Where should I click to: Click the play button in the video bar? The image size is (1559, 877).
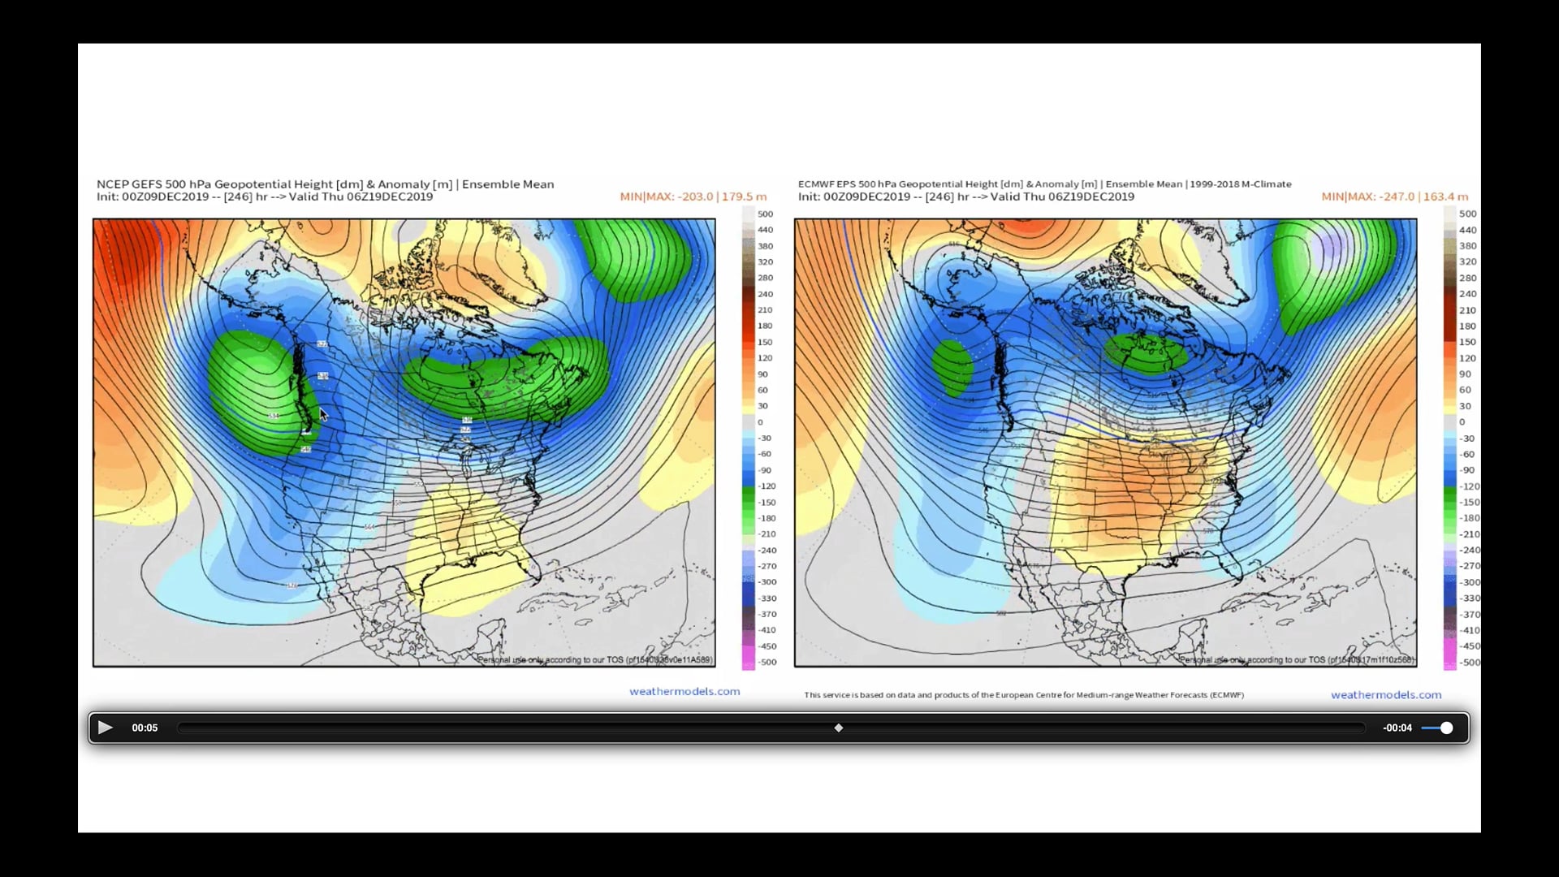tap(105, 728)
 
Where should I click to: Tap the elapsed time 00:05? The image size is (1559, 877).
tap(145, 728)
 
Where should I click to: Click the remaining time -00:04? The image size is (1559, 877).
tap(1397, 728)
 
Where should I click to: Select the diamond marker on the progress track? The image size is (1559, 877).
tap(839, 728)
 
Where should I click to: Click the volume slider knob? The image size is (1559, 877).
tap(1446, 728)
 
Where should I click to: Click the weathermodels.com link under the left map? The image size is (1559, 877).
tap(684, 691)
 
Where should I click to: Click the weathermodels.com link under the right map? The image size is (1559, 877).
tap(1385, 694)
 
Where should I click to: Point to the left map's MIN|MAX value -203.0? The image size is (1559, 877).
tap(695, 197)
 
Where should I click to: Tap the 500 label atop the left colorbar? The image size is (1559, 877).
tap(765, 214)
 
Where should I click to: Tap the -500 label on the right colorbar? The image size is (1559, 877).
tap(1470, 663)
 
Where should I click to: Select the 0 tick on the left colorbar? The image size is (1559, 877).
tap(760, 422)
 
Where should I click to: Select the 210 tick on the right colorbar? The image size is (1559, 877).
tap(1467, 310)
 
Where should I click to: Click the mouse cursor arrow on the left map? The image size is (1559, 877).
tap(322, 413)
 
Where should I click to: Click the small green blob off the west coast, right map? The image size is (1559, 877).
tap(952, 366)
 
